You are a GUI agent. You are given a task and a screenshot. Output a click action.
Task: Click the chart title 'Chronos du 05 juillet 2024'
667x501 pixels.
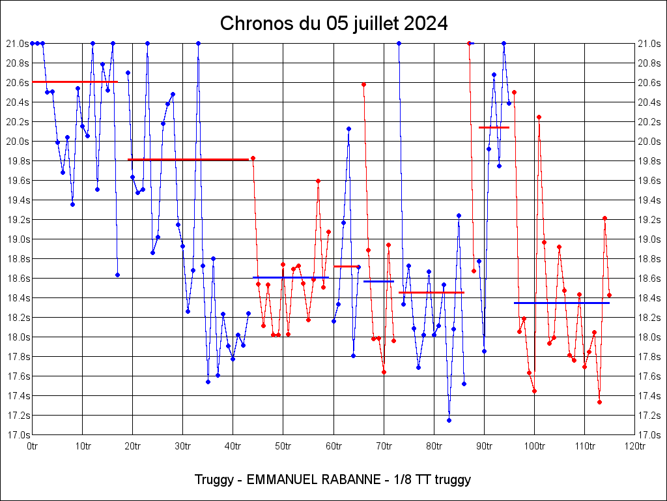(333, 23)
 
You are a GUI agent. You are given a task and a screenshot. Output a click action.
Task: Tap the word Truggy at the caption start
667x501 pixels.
(214, 479)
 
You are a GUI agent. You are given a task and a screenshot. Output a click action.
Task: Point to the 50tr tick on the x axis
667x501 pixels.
(283, 446)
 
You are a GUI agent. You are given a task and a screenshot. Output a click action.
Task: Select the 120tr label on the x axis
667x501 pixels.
(634, 446)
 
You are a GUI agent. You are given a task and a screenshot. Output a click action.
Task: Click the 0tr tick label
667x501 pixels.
(33, 446)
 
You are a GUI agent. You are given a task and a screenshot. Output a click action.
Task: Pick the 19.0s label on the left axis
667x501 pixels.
(18, 239)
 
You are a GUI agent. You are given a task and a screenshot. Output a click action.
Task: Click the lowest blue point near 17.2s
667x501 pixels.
(449, 420)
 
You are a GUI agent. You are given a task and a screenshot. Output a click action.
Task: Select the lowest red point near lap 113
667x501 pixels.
(599, 402)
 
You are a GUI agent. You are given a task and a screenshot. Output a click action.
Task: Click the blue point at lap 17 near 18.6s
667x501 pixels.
(117, 275)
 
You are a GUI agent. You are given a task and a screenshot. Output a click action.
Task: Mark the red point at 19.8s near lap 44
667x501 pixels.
(253, 158)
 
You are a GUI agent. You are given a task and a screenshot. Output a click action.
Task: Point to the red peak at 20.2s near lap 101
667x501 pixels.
(539, 117)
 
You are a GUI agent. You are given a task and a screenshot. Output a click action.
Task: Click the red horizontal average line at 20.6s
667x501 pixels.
(75, 82)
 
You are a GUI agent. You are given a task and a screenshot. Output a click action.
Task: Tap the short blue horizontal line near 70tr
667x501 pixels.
(378, 281)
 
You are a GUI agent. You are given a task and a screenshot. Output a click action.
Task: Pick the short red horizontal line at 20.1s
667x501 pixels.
(494, 127)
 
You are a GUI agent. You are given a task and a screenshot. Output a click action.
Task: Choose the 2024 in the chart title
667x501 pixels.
(425, 23)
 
